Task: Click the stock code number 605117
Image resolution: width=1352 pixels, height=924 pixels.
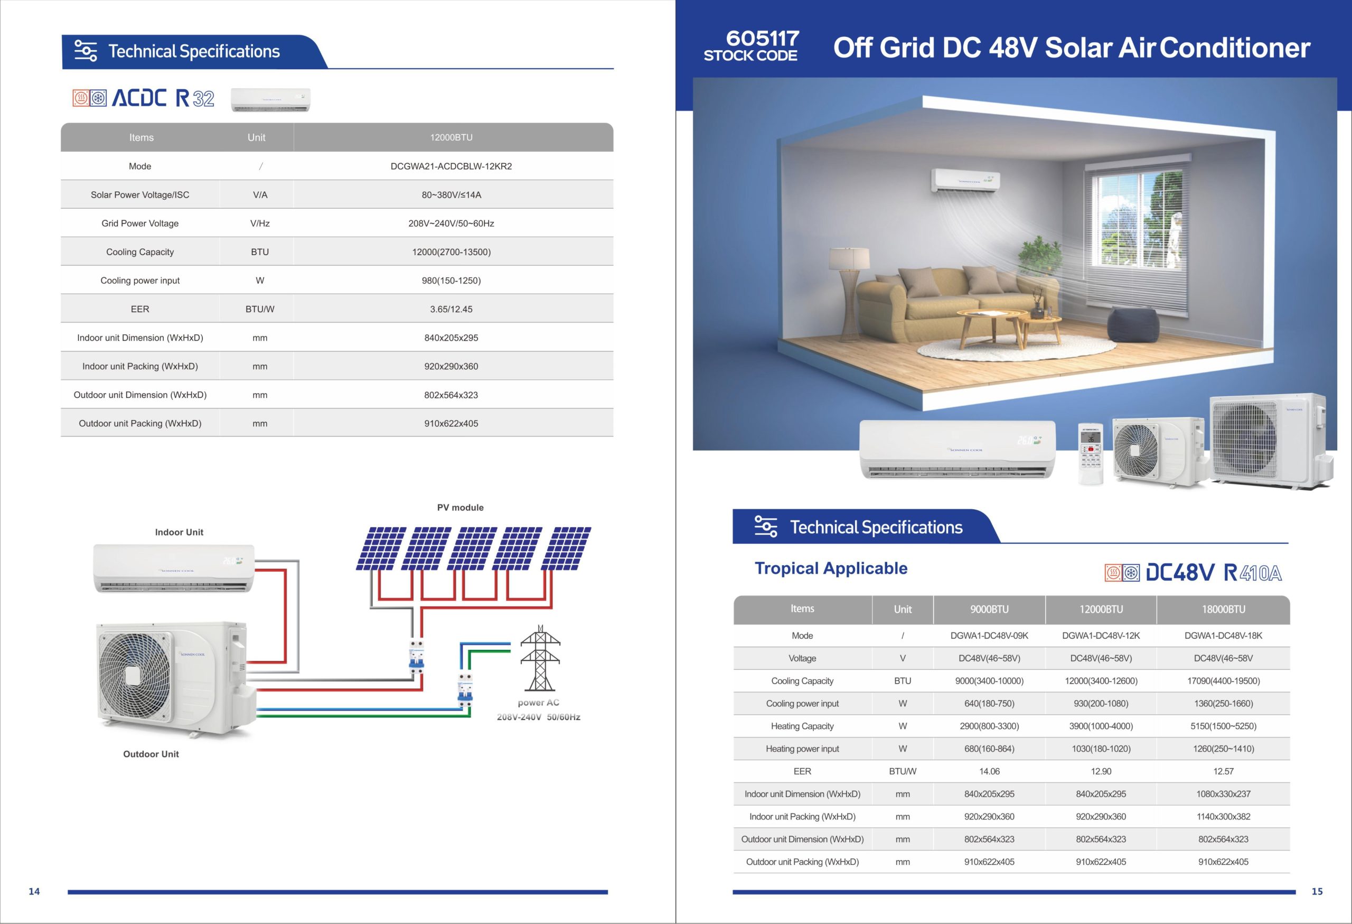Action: click(x=762, y=39)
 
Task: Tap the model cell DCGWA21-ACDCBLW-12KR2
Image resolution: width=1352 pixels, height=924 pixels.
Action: click(x=452, y=166)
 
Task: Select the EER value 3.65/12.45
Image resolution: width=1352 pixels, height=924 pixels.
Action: click(x=452, y=309)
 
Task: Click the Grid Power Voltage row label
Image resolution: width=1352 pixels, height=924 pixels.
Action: click(x=140, y=223)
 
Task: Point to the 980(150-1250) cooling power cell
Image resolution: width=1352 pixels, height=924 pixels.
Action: click(x=452, y=281)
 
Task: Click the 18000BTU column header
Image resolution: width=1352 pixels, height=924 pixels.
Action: click(x=1224, y=609)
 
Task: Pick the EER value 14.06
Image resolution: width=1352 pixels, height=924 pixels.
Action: click(x=989, y=771)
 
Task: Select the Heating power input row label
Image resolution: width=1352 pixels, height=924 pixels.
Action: click(x=802, y=749)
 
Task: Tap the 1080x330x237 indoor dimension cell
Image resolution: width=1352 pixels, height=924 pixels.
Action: click(x=1224, y=794)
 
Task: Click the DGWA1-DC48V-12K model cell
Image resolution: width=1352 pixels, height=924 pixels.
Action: click(x=1101, y=636)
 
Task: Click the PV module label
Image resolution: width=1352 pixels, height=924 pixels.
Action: click(x=460, y=507)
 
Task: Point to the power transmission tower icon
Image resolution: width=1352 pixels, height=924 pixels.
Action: click(x=540, y=658)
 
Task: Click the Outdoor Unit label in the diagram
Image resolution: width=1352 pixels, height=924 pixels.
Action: click(x=151, y=754)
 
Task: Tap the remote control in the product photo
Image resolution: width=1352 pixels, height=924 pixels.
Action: click(x=1090, y=453)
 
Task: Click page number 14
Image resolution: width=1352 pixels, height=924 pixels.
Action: click(x=34, y=891)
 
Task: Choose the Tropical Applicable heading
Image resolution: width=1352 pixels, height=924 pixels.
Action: click(x=831, y=568)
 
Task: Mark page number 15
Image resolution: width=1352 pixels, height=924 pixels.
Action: click(x=1317, y=891)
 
